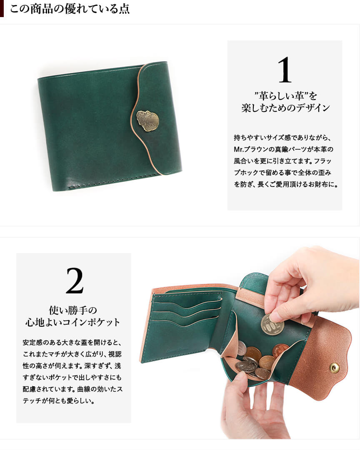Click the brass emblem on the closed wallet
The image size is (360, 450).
[147, 121]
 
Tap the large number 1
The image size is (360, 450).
[285, 70]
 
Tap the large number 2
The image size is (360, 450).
[75, 281]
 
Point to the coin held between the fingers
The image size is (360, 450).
[272, 325]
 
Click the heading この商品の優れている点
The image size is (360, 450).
[70, 9]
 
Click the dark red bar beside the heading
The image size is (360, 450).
[2, 9]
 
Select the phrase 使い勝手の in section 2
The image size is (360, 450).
[73, 310]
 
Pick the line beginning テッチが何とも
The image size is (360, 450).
[59, 400]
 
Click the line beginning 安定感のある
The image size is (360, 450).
[72, 342]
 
